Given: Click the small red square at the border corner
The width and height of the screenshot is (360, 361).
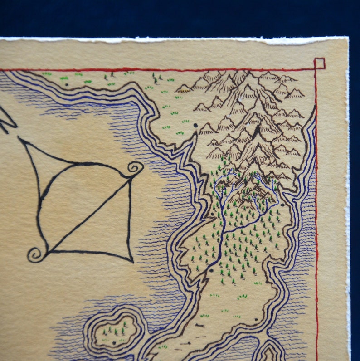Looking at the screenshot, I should [320, 63].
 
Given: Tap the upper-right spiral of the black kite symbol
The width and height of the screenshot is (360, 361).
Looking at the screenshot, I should [134, 169].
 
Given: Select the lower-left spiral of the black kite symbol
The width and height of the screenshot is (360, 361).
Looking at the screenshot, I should [35, 254].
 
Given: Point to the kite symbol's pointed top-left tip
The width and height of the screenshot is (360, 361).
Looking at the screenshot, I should [19, 138].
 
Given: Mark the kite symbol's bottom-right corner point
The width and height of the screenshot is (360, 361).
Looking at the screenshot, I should [132, 262].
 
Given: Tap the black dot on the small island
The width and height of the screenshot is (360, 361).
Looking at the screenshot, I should [114, 343].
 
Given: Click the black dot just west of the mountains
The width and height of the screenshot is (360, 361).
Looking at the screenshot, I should [196, 125].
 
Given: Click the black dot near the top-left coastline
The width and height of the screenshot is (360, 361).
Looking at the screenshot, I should [67, 84].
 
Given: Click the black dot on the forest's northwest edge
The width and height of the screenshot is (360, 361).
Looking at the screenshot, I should [212, 214].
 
